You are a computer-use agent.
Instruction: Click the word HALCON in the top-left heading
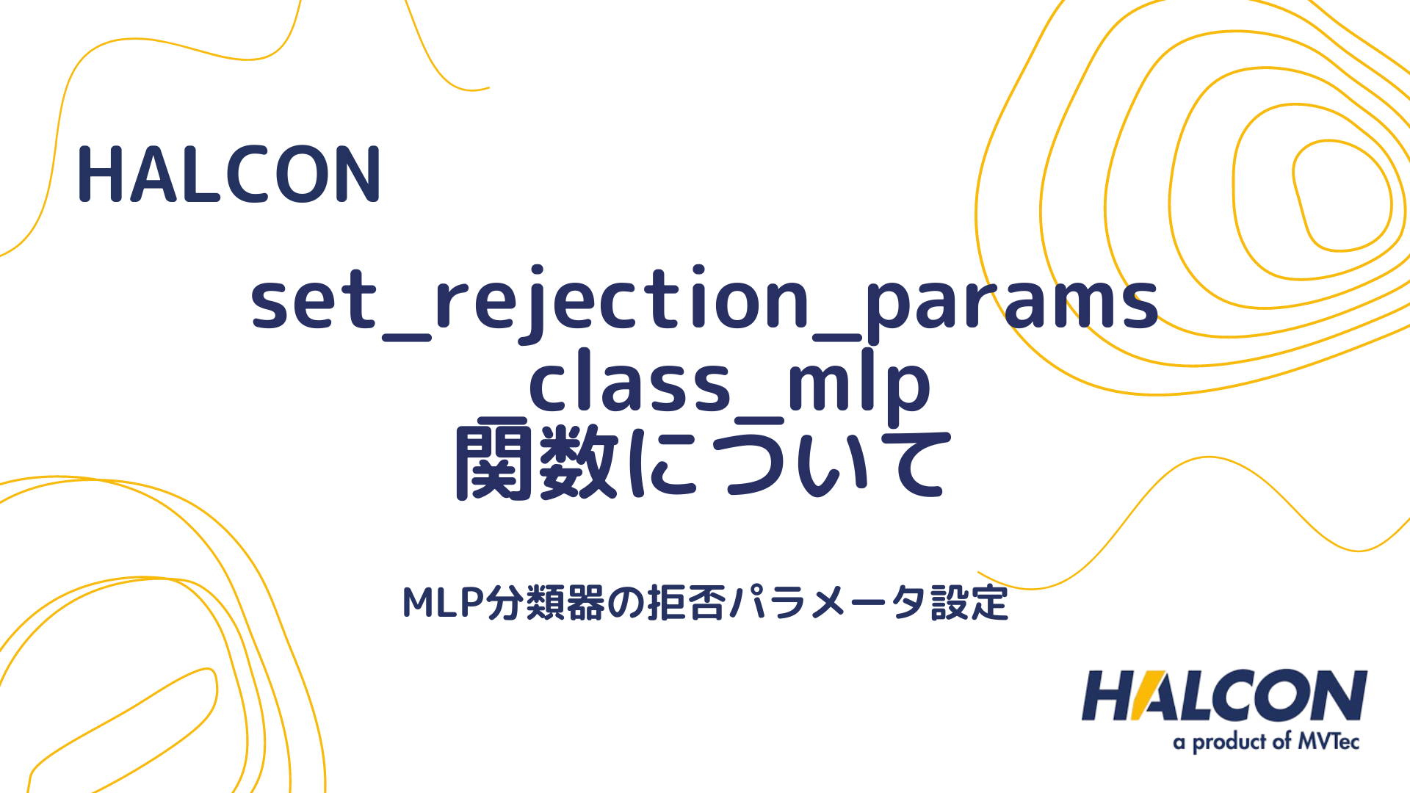228,175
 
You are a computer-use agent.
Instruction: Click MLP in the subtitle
444,603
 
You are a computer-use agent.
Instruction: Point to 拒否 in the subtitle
687,603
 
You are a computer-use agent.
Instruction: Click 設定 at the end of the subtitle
969,603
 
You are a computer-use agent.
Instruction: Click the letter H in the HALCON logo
1107,695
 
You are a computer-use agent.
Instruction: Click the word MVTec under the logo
1328,742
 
